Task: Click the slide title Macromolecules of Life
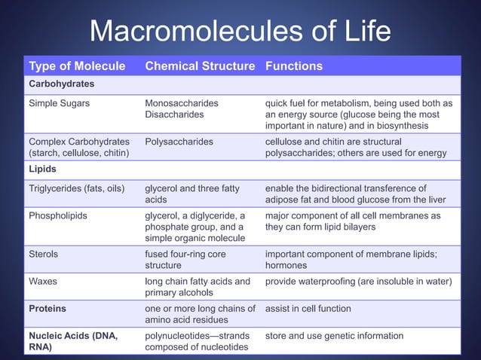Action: point(240,32)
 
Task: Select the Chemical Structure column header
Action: point(200,66)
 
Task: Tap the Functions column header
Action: point(294,66)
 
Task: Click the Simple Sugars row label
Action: point(60,102)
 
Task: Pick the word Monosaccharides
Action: point(182,102)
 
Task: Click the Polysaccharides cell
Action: point(179,141)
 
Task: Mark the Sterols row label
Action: point(44,255)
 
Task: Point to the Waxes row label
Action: point(44,282)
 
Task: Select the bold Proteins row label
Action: point(47,308)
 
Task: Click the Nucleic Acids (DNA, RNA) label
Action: point(72,341)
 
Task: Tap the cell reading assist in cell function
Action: point(308,308)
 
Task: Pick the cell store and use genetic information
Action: point(334,335)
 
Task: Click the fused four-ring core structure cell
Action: point(185,260)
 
